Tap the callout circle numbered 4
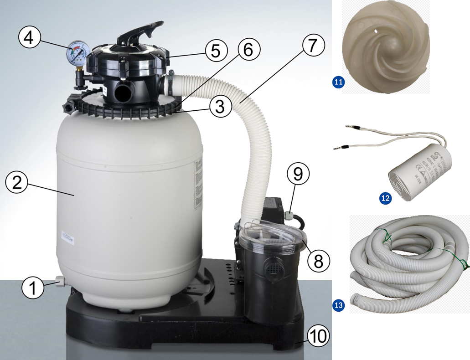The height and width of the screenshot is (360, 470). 29,38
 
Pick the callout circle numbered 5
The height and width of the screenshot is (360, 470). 216,51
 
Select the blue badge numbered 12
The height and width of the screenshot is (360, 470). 385,198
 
